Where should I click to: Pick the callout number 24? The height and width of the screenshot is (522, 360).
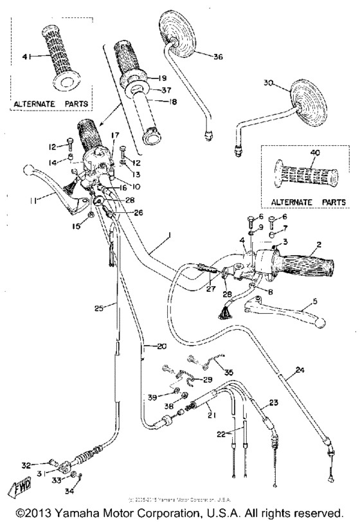299,370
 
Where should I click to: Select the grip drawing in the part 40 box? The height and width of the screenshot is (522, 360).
305,175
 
